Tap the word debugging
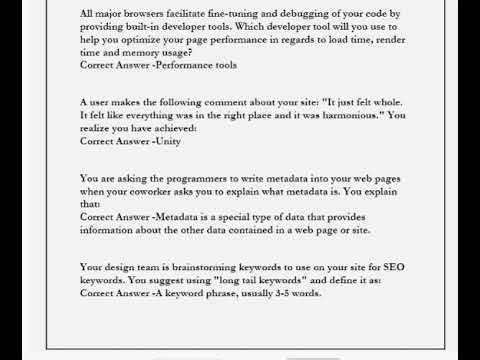tap(290, 11)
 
